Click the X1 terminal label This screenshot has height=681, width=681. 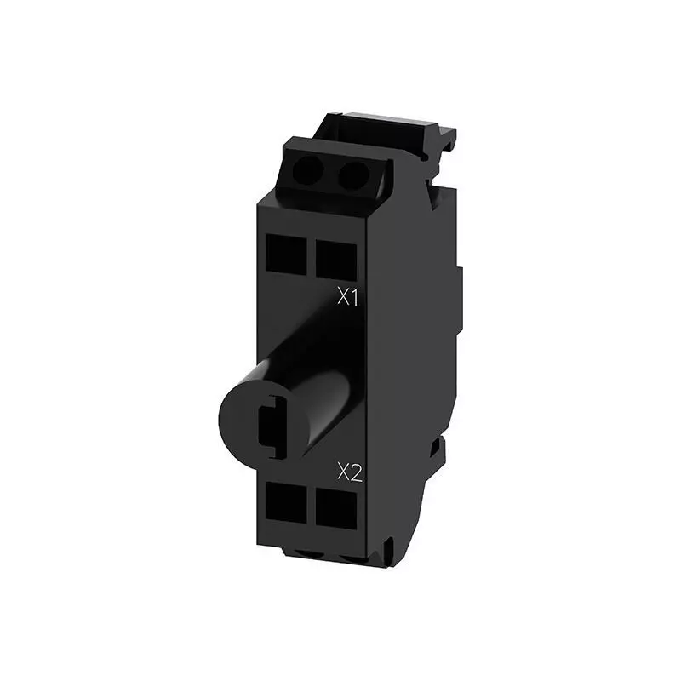[348, 298]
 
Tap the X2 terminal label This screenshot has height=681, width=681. [350, 472]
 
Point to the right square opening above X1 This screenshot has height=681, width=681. [336, 260]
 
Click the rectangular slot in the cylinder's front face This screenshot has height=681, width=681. [272, 426]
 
